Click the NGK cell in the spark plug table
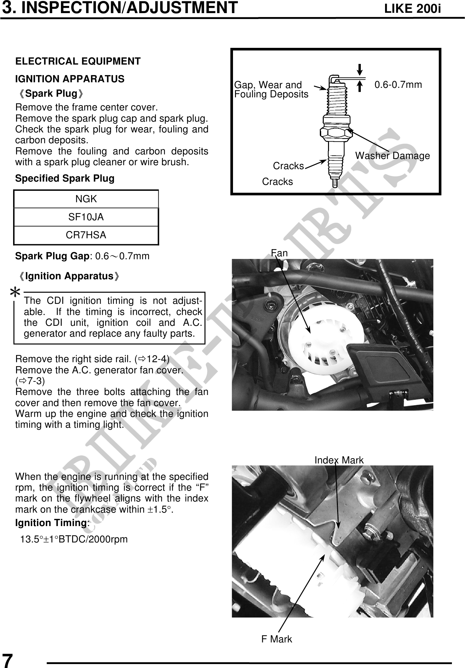pyautogui.click(x=86, y=199)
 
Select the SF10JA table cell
pyautogui.click(x=86, y=217)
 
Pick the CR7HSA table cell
pyautogui.click(x=86, y=235)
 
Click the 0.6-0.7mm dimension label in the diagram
pyautogui.click(x=398, y=85)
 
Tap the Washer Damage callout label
pyautogui.click(x=392, y=156)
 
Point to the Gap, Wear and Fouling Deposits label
pyautogui.click(x=271, y=89)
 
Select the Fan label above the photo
pyautogui.click(x=279, y=253)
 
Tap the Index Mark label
pyautogui.click(x=339, y=460)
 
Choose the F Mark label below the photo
pyautogui.click(x=276, y=639)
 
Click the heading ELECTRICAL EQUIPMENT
pyautogui.click(x=78, y=61)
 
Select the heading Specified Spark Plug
pyautogui.click(x=65, y=179)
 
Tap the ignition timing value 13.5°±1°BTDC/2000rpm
pyautogui.click(x=74, y=539)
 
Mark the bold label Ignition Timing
pyautogui.click(x=51, y=523)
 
